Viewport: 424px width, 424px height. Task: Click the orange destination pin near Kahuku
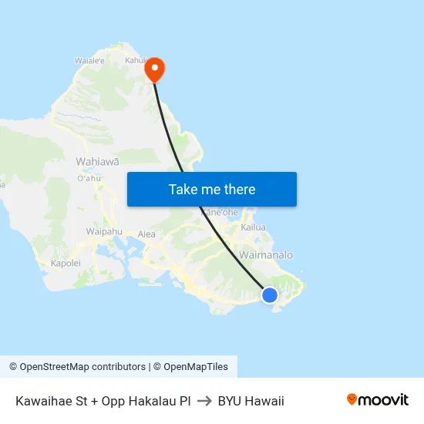[x=155, y=69]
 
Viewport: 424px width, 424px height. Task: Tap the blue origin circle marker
[x=269, y=294]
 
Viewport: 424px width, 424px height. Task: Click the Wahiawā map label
[x=97, y=161]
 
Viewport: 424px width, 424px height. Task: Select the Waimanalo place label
[x=266, y=254]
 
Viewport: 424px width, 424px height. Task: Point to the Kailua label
[x=253, y=227]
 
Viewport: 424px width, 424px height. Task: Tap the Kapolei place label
[x=66, y=263]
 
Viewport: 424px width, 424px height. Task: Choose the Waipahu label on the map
[x=104, y=231]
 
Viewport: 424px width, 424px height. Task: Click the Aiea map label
[x=146, y=234]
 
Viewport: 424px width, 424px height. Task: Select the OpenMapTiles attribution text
[x=190, y=367]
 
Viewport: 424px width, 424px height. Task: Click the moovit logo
[x=377, y=400]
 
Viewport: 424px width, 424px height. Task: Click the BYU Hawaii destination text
[x=251, y=401]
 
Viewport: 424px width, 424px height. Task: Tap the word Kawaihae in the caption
[x=43, y=401]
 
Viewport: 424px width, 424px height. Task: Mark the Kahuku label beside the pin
[x=136, y=60]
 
